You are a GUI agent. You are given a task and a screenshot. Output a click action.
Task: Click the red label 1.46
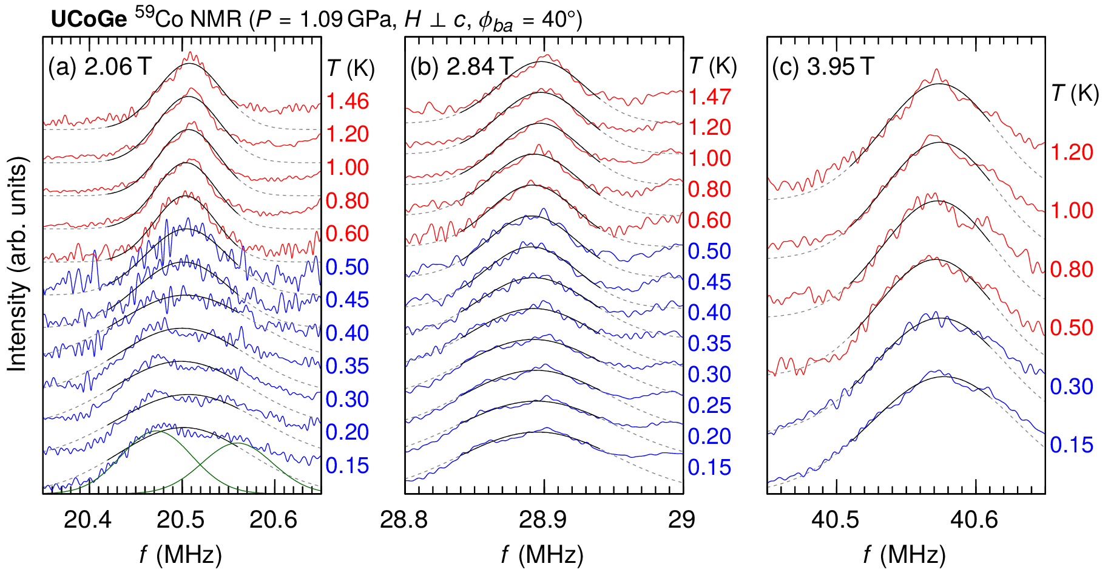[347, 101]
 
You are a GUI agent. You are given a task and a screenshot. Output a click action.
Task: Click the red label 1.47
[709, 97]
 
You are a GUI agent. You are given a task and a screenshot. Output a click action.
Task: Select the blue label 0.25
[709, 405]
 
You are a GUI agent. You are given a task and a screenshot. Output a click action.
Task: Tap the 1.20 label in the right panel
[1072, 152]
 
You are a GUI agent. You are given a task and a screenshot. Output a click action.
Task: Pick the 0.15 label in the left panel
[347, 465]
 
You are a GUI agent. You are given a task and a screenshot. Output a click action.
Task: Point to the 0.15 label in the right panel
[1072, 444]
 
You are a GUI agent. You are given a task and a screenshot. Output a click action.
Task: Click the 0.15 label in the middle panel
[709, 467]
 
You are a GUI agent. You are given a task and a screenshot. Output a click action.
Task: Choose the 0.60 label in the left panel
[347, 233]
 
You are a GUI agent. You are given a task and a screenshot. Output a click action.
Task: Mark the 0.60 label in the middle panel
[709, 220]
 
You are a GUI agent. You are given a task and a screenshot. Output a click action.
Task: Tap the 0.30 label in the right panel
[1072, 386]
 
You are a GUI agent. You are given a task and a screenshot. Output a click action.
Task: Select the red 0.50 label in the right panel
[1072, 327]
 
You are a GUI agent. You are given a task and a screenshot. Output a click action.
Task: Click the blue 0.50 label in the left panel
[347, 267]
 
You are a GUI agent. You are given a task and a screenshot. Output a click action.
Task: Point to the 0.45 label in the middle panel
[709, 282]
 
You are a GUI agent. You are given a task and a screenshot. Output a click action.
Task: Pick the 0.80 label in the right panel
[1072, 269]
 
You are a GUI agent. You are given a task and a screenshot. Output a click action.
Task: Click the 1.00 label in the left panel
[347, 167]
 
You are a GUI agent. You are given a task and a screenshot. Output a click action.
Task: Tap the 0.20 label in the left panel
[347, 432]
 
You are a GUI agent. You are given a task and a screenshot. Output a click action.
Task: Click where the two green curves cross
[200, 465]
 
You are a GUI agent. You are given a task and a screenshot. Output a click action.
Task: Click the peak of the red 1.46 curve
[191, 52]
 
